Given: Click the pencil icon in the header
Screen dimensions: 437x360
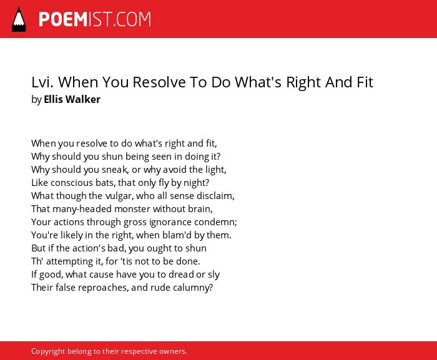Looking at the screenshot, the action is [x=19, y=19].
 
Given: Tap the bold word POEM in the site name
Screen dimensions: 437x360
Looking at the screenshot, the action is [x=63, y=19].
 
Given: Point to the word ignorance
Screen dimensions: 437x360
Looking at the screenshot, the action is [x=170, y=222].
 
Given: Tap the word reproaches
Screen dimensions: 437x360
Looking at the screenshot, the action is [x=103, y=288].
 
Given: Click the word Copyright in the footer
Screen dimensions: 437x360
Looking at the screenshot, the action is [x=48, y=351].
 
